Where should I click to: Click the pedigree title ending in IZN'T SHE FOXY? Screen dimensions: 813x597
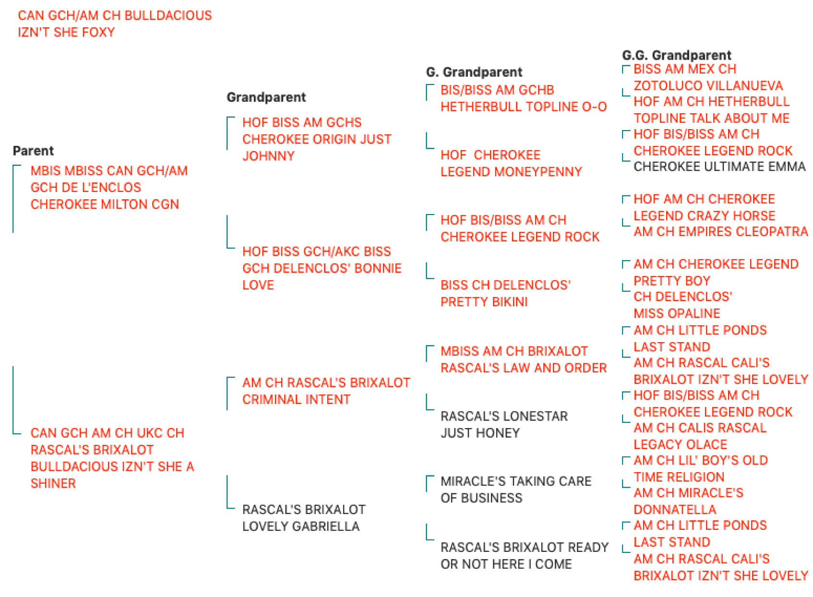(115, 24)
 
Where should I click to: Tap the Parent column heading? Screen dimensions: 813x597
(33, 151)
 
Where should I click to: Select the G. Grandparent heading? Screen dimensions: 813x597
(474, 72)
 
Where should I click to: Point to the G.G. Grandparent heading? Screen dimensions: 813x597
(677, 55)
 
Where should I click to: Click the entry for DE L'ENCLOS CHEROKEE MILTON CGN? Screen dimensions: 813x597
(109, 188)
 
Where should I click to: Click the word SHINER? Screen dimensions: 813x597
(53, 484)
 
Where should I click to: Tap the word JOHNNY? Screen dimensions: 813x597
(269, 156)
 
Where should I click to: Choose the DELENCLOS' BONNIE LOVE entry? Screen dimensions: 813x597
(322, 269)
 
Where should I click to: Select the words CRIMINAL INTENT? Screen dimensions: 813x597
(296, 400)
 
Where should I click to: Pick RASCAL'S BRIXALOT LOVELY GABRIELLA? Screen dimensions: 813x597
(304, 518)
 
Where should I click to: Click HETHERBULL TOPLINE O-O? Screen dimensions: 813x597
(524, 107)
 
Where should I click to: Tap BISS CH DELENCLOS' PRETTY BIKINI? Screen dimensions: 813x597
(505, 294)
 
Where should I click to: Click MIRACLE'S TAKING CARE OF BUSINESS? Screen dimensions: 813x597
(516, 490)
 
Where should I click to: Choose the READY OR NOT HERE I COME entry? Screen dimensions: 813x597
(525, 556)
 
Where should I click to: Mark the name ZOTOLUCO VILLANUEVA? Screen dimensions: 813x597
(708, 86)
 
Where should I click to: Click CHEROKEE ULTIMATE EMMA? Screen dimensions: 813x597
(719, 167)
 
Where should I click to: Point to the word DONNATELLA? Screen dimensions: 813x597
(675, 510)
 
